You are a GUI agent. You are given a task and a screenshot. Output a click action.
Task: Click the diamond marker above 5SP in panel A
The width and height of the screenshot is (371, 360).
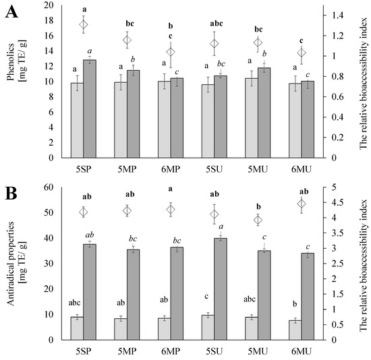(x=84, y=25)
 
